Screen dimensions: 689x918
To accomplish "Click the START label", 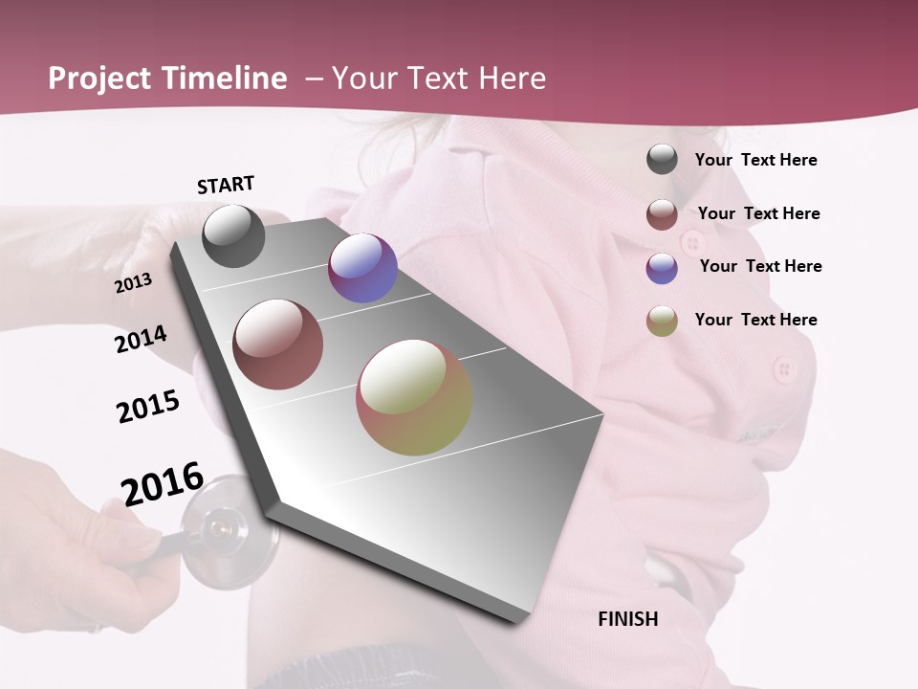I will point(226,185).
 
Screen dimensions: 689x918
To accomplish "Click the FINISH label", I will point(627,619).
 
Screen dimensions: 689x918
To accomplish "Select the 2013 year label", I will point(133,283).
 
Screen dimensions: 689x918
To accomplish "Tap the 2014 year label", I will point(141,339).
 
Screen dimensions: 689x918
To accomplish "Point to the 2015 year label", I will point(148,407).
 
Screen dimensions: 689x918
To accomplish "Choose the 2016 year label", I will point(163,483).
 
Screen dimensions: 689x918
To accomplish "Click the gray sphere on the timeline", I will point(233,235).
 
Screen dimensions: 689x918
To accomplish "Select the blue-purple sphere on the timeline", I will point(362,268).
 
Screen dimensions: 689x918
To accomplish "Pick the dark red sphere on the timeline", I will point(278,344).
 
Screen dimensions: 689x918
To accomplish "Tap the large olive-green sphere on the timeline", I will point(414,397).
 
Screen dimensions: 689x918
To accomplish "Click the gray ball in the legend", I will point(662,159).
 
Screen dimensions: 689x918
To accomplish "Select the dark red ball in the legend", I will point(662,214).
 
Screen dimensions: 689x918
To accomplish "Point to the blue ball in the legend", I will point(662,268).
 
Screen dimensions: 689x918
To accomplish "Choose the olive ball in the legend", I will point(662,321).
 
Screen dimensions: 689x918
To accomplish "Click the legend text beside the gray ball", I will point(755,160).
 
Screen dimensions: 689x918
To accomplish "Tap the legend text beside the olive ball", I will point(755,320).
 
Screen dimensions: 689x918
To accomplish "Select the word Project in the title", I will point(100,78).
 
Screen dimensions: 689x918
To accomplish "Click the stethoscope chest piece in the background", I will point(220,525).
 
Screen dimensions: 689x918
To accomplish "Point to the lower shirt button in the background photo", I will point(784,367).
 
